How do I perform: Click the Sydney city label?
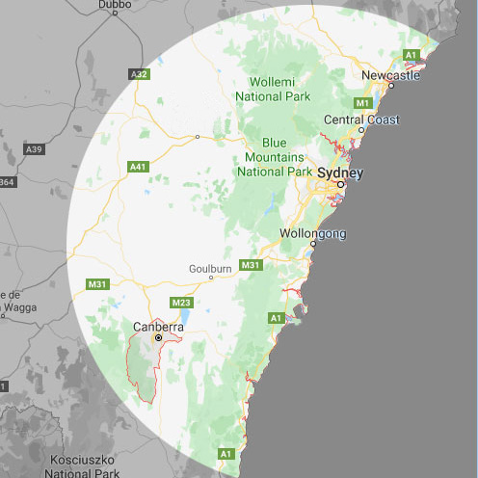[340, 173]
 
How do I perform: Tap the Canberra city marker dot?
[159, 339]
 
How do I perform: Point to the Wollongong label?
[311, 234]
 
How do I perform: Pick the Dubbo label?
[115, 5]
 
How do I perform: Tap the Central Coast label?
[361, 119]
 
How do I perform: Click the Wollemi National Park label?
[280, 89]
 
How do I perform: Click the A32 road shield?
[139, 73]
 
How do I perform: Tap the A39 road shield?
[34, 148]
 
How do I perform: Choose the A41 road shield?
[137, 167]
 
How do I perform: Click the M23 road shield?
[180, 303]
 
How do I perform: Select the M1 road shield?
[363, 102]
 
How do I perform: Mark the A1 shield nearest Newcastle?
[412, 54]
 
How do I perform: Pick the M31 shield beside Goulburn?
[251, 265]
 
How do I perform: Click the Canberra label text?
[159, 327]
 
